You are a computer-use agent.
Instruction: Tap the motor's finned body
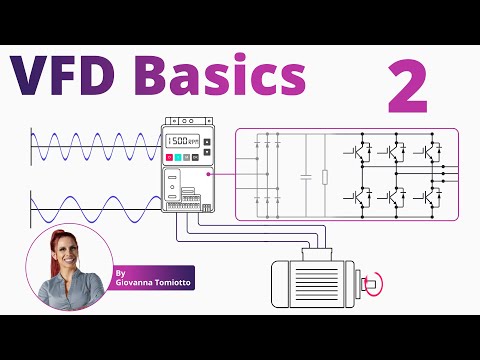[x=309, y=284]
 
